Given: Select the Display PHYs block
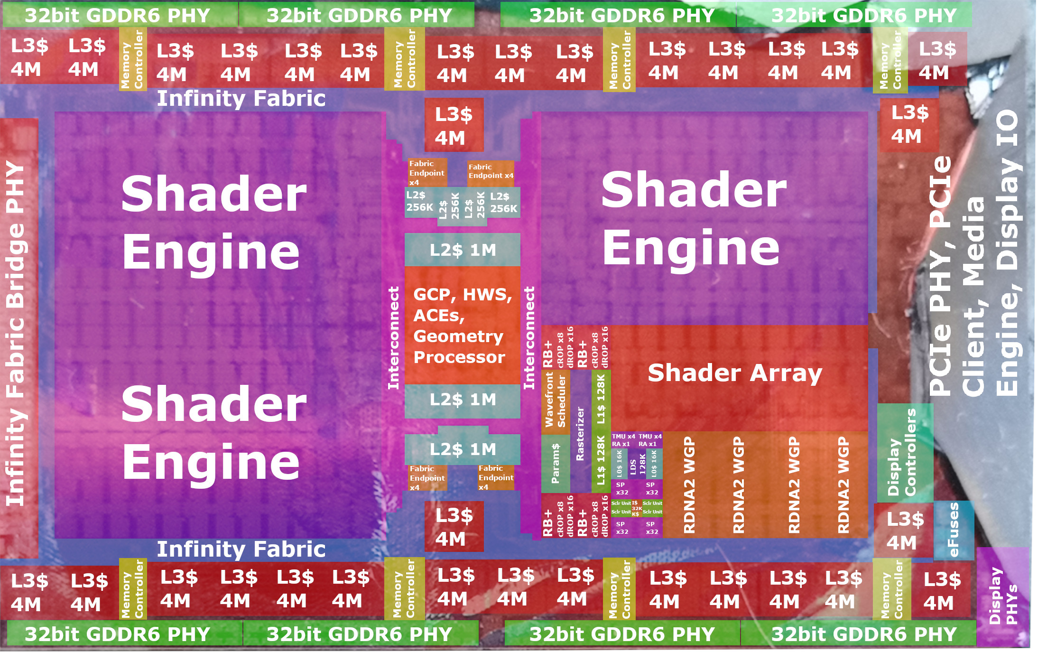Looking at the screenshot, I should (x=1003, y=596).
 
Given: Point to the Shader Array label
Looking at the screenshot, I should (x=735, y=373).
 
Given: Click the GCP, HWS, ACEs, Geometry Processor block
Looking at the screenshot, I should (x=463, y=326).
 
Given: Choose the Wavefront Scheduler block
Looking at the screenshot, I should (x=556, y=401).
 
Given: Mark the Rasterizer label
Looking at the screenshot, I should (x=580, y=434).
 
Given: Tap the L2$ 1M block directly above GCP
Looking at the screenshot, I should (x=463, y=250).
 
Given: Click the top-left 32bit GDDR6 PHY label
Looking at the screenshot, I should (x=118, y=16).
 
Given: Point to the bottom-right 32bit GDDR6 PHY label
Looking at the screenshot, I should (x=863, y=634).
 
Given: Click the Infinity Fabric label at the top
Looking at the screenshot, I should (x=241, y=99).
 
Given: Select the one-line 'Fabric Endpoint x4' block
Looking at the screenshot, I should (x=491, y=171).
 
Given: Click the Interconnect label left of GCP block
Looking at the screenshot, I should (x=394, y=338).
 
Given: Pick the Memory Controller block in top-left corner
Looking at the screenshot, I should (x=132, y=59).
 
